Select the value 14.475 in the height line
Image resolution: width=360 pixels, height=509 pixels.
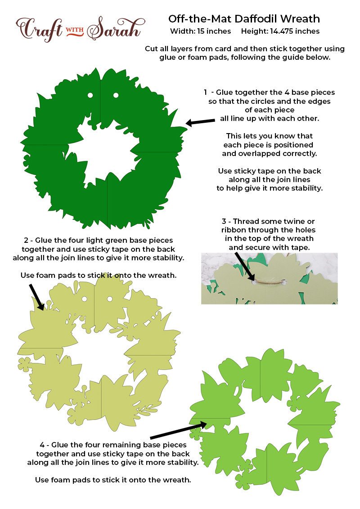point(282,31)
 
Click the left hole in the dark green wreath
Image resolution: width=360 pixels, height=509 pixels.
point(90,95)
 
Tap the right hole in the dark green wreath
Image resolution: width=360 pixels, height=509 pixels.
point(116,95)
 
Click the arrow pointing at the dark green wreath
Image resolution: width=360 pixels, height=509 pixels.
point(200,122)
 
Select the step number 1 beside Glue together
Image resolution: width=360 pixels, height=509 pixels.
point(205,93)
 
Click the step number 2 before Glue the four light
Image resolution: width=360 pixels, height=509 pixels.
point(26,241)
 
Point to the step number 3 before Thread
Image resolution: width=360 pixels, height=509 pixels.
point(224,221)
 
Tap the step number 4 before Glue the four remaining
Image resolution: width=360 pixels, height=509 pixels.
point(42,445)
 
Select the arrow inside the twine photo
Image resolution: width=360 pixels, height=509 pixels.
point(244,267)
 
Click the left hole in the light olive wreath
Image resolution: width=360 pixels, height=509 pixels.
point(85,299)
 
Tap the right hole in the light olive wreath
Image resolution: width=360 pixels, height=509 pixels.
point(110,299)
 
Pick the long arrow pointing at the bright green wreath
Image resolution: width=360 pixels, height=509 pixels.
point(178,430)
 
